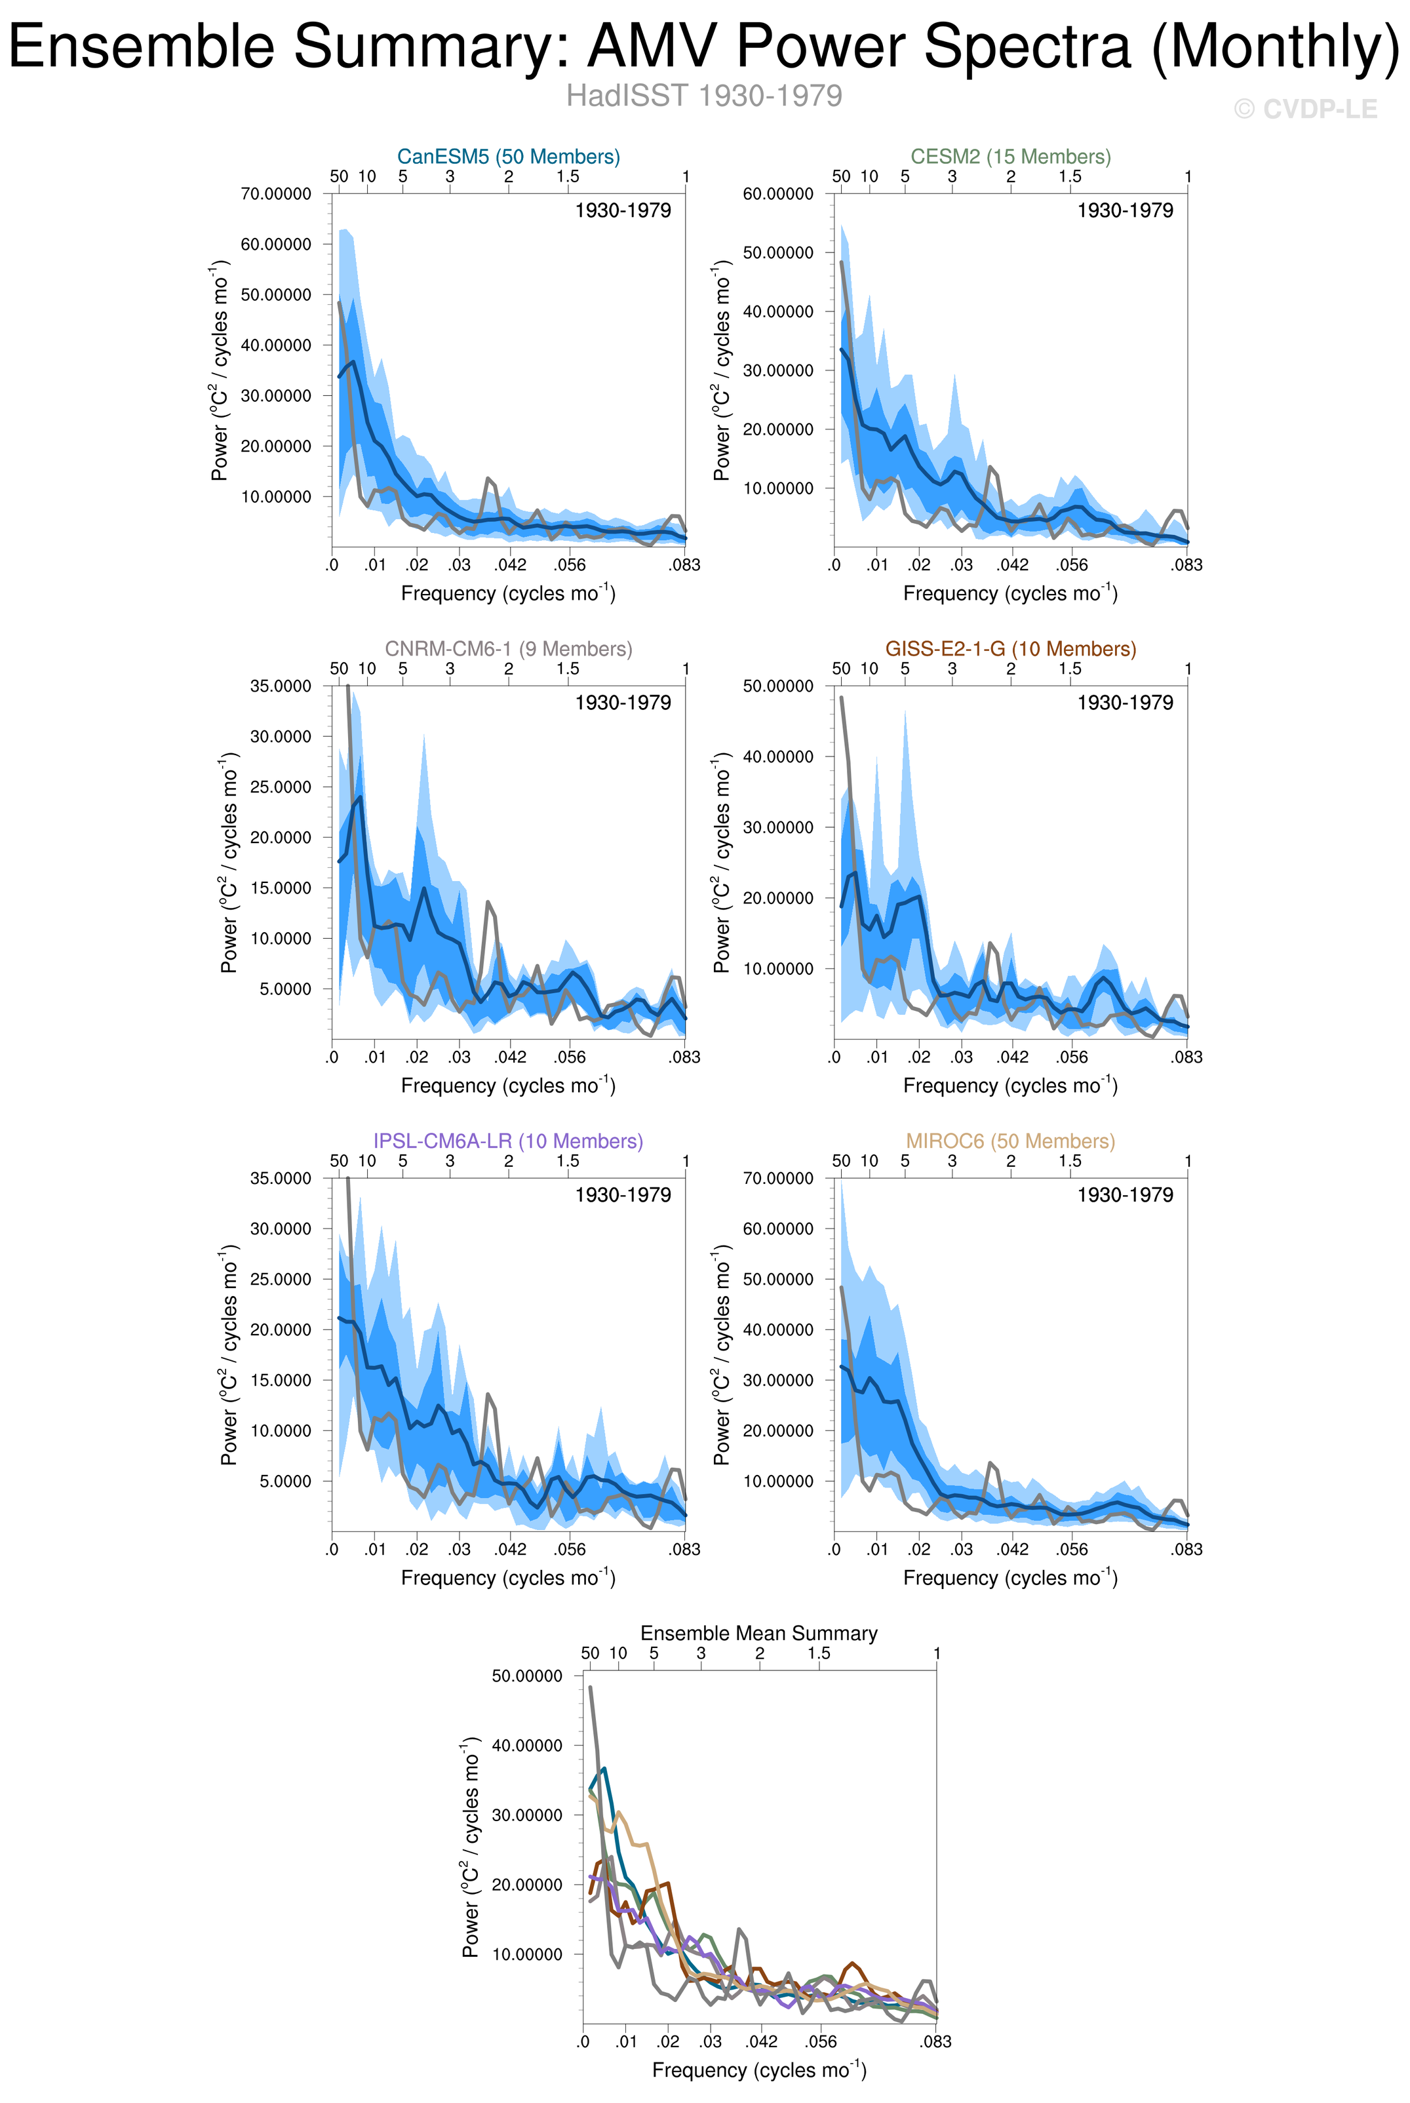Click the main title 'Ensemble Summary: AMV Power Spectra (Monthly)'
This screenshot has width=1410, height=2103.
pos(704,47)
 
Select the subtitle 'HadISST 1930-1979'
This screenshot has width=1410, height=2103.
pos(704,95)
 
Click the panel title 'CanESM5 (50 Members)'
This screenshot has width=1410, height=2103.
pos(508,157)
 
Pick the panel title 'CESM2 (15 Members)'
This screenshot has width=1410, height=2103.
pos(1011,157)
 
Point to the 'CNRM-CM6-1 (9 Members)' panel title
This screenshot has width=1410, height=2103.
pos(508,648)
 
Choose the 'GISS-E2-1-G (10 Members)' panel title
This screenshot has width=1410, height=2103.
pos(1011,648)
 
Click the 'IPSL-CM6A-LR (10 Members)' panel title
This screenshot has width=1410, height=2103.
pos(508,1141)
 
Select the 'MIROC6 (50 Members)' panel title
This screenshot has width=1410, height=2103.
pos(1011,1141)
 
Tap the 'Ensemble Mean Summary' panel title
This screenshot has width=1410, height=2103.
pos(759,1633)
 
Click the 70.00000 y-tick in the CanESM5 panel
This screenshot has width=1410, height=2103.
pos(276,194)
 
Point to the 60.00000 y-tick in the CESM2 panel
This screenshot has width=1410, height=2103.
pos(778,194)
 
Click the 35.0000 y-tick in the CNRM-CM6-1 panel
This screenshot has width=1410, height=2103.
pos(281,686)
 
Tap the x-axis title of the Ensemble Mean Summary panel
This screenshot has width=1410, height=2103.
pos(759,2070)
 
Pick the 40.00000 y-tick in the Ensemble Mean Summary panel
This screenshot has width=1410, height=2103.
pos(527,1745)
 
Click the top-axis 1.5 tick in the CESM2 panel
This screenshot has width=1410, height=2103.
pos(1069,177)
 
